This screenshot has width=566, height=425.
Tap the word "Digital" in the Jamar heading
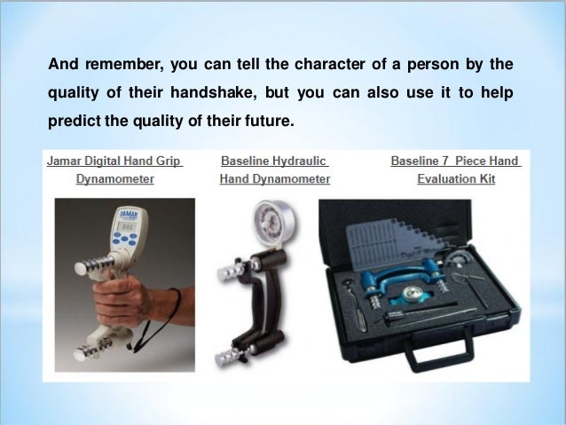[x=106, y=161]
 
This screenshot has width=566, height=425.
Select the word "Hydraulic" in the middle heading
[x=299, y=161]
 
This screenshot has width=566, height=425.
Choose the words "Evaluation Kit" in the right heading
[x=455, y=179]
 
